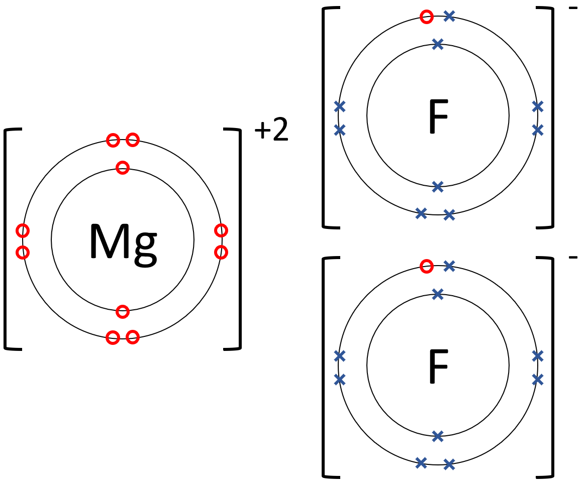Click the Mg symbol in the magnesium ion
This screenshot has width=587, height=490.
[123, 242]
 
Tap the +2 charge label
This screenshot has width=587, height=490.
[271, 131]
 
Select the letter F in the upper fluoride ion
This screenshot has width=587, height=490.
[438, 117]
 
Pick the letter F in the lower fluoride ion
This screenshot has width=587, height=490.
[438, 366]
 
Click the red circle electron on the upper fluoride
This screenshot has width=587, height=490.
[427, 17]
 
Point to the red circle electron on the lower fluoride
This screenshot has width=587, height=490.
[427, 266]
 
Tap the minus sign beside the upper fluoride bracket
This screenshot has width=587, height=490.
[573, 9]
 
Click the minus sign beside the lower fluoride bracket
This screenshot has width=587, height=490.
[573, 258]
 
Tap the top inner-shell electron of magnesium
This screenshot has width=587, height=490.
[123, 167]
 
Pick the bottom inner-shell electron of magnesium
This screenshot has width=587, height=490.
[123, 312]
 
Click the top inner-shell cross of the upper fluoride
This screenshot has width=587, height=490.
[438, 44]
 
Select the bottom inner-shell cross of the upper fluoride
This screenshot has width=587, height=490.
[438, 187]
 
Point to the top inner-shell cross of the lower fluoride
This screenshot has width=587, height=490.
[438, 294]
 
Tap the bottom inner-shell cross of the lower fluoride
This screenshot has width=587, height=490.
[438, 436]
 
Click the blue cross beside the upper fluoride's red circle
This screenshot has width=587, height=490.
[449, 17]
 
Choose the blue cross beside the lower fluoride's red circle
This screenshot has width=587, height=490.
[449, 266]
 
